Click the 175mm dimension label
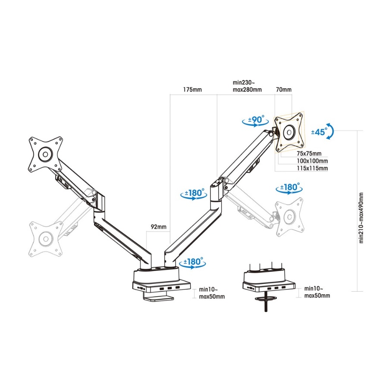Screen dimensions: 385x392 click(x=192, y=90)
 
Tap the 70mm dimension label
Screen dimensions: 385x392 click(x=284, y=89)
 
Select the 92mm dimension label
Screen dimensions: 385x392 click(x=159, y=227)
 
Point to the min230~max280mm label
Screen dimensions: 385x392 click(x=247, y=86)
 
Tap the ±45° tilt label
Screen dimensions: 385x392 click(x=319, y=131)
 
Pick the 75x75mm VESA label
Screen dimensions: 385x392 click(x=309, y=153)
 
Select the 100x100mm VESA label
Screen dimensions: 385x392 click(x=312, y=161)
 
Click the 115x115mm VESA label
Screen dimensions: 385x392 click(x=312, y=168)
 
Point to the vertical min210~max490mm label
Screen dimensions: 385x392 click(x=361, y=218)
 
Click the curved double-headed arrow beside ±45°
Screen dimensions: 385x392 click(x=331, y=131)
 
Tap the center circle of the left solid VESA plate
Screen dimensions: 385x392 click(x=45, y=154)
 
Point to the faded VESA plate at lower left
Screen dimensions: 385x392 click(x=46, y=239)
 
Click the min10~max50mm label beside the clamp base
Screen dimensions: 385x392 click(x=212, y=293)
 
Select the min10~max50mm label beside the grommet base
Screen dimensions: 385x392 click(x=317, y=292)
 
